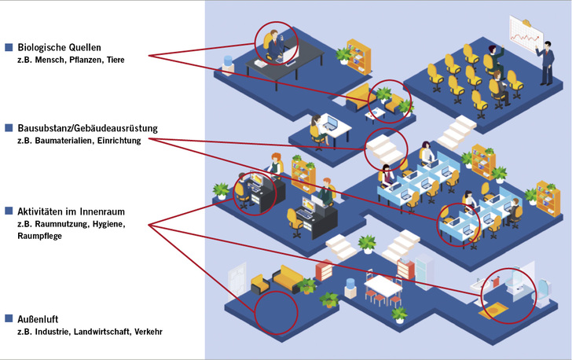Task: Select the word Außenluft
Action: (x=37, y=318)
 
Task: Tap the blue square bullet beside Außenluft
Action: (x=9, y=318)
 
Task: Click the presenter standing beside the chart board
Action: (x=544, y=64)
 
